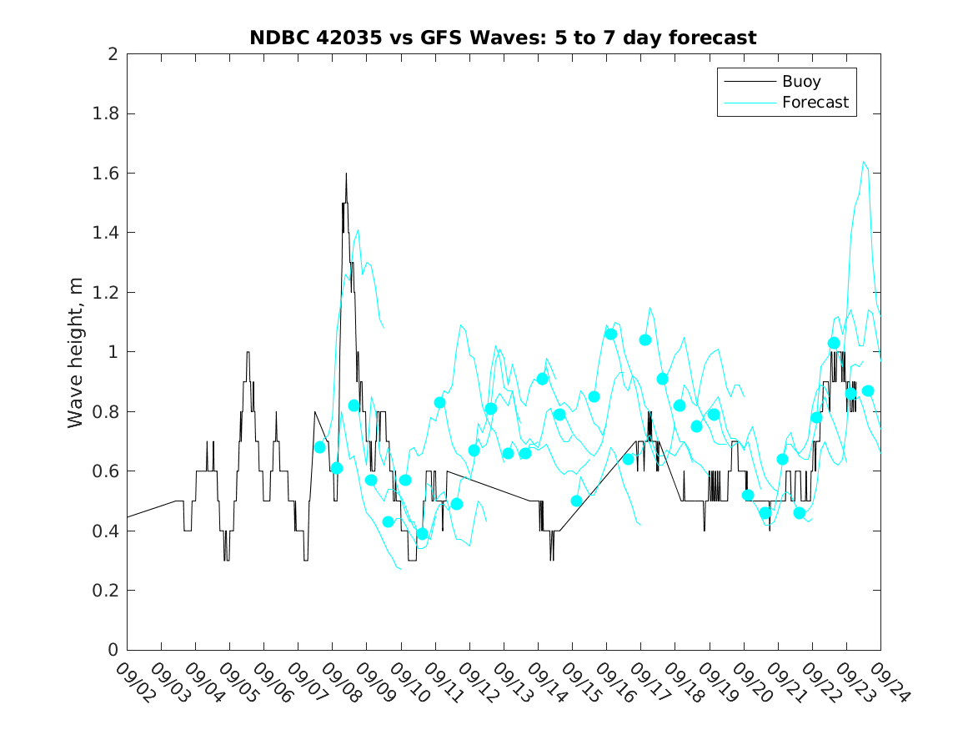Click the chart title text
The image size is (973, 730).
pos(503,38)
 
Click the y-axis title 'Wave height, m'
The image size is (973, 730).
pos(76,352)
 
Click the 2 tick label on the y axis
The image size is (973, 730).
pos(113,54)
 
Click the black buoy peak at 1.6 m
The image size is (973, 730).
pos(346,174)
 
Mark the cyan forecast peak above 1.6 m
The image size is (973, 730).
pos(864,163)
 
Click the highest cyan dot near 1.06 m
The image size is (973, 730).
pos(610,334)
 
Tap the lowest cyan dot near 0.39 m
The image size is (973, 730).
pos(422,534)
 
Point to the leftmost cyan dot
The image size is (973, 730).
pos(319,447)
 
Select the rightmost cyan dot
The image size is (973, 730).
pos(868,390)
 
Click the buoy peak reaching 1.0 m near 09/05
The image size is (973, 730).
pos(248,352)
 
